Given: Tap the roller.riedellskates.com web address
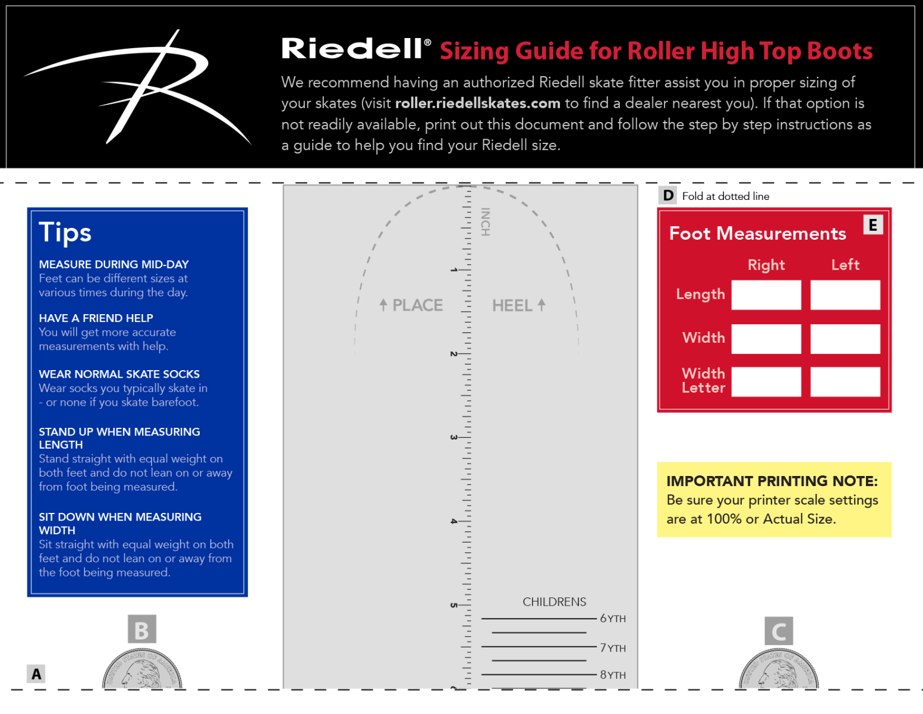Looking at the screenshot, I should point(477,104).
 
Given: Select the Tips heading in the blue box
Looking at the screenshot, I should point(65,233).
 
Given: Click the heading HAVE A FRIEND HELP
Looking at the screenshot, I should point(96,318).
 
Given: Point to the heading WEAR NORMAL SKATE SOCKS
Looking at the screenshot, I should point(119,374).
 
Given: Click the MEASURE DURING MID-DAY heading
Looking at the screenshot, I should point(114,264).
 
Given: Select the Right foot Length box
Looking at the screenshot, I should point(766,295).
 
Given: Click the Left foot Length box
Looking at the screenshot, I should point(845,295).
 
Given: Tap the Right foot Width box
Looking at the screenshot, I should point(766,339).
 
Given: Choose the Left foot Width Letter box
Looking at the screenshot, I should point(845,381).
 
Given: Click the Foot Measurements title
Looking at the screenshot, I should point(757,233).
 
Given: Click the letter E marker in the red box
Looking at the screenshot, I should point(872,225).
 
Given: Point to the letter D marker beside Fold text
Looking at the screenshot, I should point(668,195).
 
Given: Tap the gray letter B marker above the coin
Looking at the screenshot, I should point(141,630).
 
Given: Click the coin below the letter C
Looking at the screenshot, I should point(779,669).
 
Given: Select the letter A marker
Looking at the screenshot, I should point(36,674).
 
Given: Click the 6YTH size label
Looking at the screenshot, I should point(612,619).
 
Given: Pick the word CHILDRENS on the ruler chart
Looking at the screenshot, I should point(554,602).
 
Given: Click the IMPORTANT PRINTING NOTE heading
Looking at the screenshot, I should point(771,481).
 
